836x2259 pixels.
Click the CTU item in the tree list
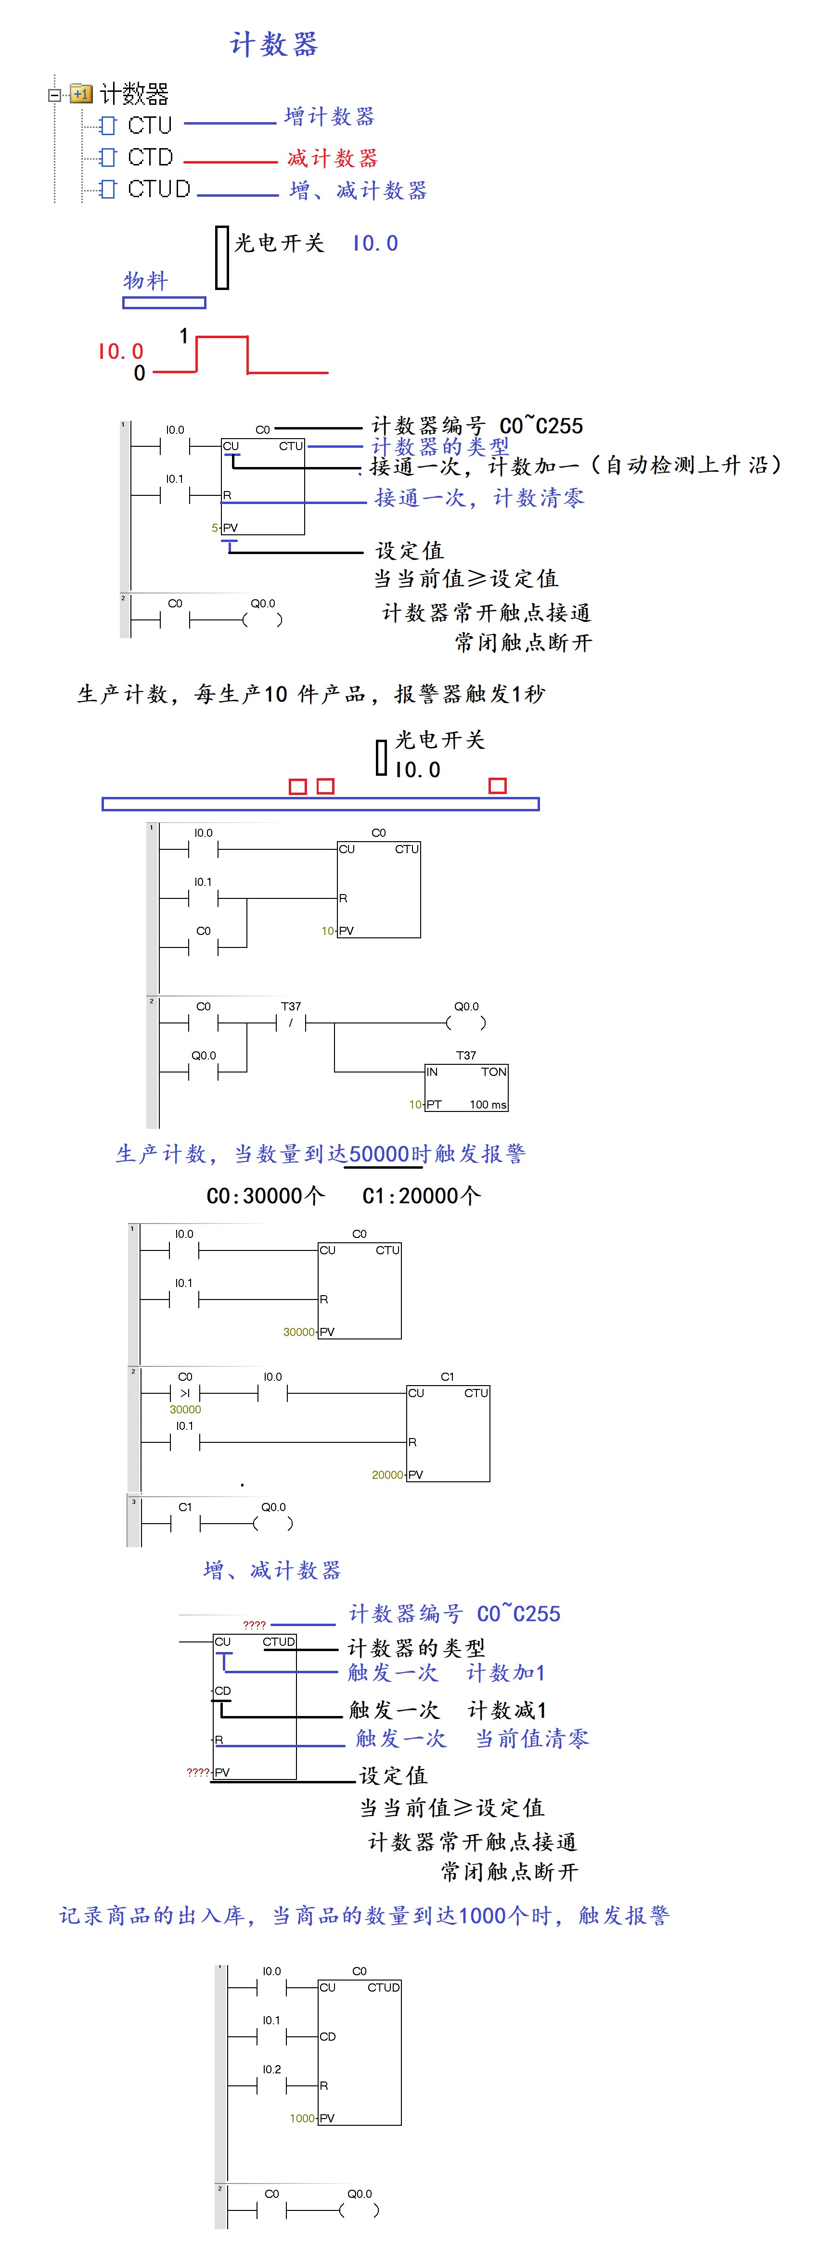pos(149,126)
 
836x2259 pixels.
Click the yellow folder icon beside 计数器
pos(81,93)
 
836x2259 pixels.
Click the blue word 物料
pos(145,280)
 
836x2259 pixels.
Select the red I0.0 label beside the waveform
pos(120,352)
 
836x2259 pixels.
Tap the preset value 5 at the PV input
pos(214,528)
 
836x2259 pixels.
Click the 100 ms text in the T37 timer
pos(488,1105)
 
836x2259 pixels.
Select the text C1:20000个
pos(421,1196)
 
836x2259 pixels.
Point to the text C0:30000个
pos(265,1196)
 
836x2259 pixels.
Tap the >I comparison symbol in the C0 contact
pos(184,1393)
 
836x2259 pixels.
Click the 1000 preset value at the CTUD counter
pos(302,2118)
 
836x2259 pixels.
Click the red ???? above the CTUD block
pos(255,1625)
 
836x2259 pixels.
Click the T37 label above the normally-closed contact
pos(290,1007)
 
